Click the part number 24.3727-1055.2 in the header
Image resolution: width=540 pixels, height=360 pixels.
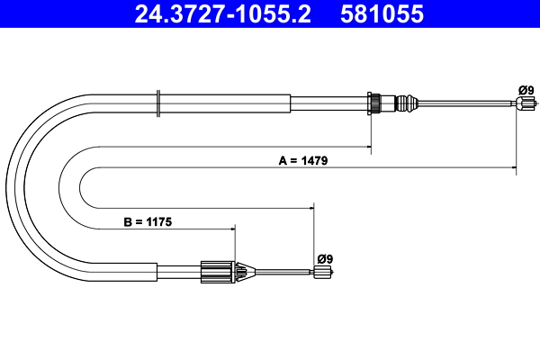point(223,13)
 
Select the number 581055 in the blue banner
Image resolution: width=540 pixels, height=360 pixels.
point(382,13)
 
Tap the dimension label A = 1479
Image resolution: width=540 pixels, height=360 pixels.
point(303,160)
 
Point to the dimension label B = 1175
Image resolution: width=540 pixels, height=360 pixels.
point(148,222)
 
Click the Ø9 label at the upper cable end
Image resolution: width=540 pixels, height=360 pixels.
point(526,90)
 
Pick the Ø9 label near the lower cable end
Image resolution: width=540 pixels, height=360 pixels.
point(325,258)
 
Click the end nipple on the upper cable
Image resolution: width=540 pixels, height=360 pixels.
point(526,103)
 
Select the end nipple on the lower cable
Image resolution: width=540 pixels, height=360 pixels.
point(323,272)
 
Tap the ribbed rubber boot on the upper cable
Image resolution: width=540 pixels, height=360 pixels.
point(407,103)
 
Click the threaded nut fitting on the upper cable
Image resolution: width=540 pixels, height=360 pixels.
point(374,103)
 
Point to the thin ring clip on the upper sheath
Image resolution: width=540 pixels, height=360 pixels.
point(158,103)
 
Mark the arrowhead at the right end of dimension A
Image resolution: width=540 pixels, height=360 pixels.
point(514,167)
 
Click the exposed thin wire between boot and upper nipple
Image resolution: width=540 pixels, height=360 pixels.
point(467,103)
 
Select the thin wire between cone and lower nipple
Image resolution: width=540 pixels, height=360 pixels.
point(284,272)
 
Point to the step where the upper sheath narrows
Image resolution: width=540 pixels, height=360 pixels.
point(291,103)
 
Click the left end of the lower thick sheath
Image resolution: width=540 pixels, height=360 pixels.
point(157,272)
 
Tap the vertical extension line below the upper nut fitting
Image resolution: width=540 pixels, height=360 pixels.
point(371,135)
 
